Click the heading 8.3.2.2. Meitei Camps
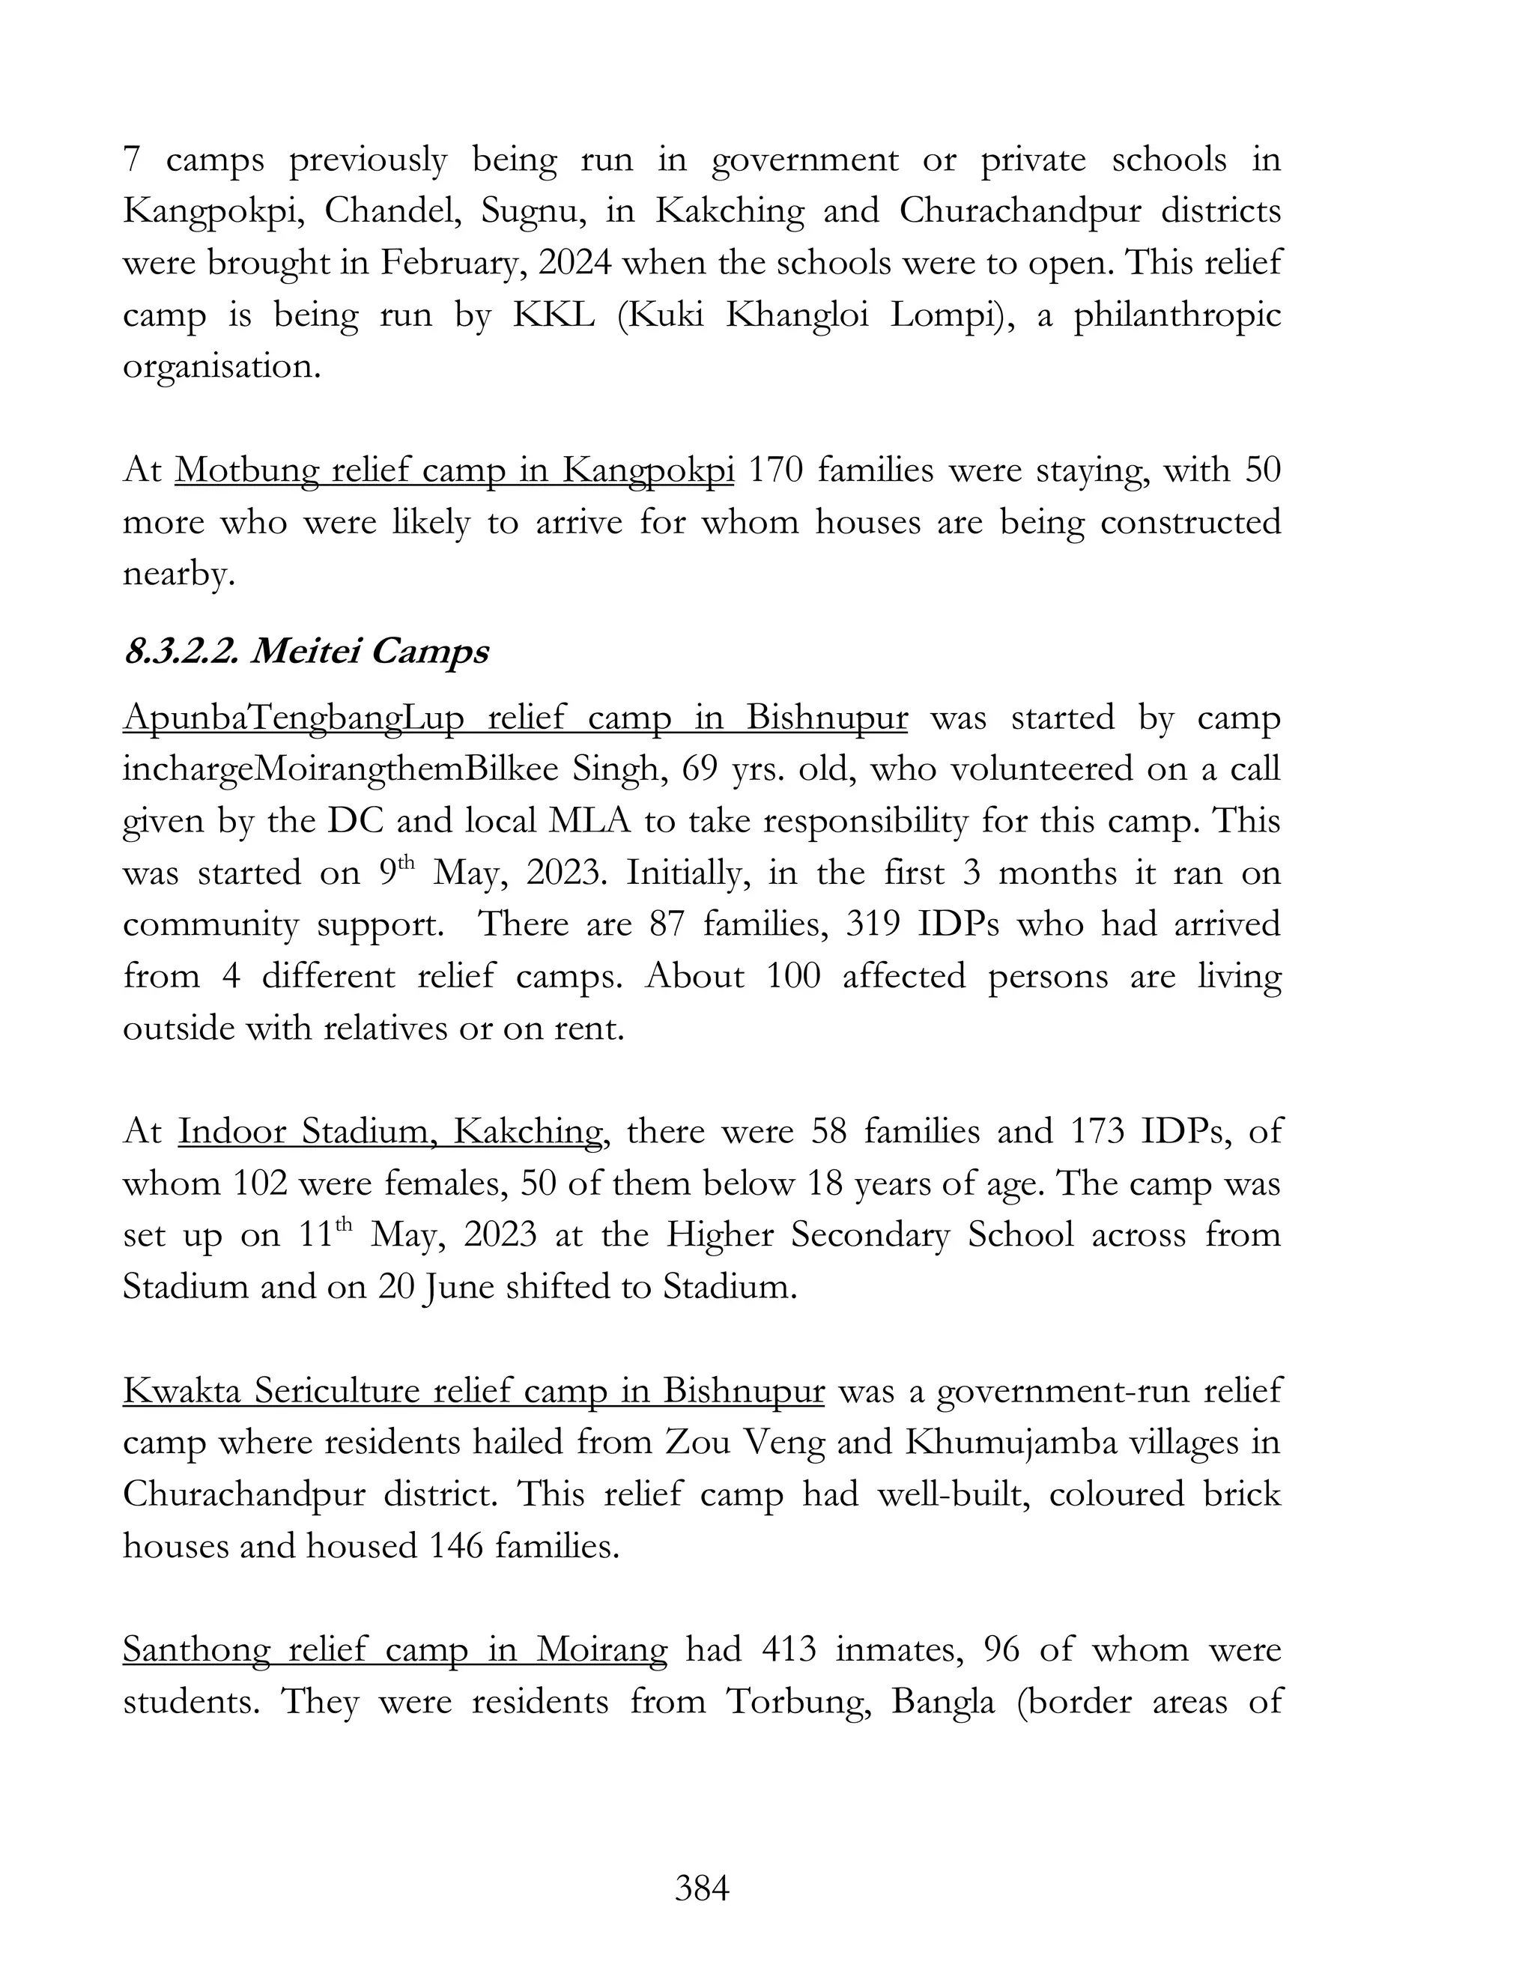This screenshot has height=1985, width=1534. (306, 652)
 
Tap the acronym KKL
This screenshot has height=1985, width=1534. (554, 315)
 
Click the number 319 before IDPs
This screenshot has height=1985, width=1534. (873, 924)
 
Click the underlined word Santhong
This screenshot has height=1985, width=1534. (195, 1649)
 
